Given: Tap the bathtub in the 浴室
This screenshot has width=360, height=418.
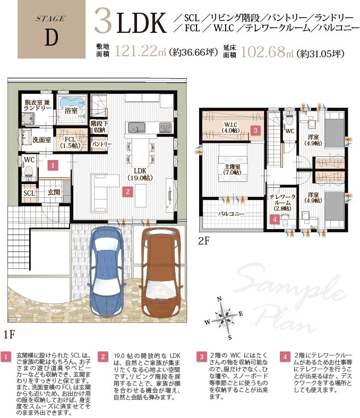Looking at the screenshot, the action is click(72, 102).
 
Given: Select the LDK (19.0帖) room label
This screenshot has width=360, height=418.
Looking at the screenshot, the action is click(140, 174).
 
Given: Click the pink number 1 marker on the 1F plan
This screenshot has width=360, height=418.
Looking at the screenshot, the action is click(53, 165).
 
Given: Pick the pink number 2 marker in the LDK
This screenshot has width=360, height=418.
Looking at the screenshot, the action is click(128, 191).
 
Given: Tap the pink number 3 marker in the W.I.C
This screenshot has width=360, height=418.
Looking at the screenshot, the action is click(255, 130).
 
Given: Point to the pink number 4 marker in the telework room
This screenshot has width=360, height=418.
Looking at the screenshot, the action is click(275, 220).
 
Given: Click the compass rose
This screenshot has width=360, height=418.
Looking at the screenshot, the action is click(226, 318).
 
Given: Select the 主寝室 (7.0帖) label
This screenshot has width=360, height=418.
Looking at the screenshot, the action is click(233, 169).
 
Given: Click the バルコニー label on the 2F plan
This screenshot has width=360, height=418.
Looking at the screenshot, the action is click(231, 214).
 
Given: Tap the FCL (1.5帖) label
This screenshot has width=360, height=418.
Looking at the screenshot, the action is click(70, 142).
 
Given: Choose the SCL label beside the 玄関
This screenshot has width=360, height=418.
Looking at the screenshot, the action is click(29, 193).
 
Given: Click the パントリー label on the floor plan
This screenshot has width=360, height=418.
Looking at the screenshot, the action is click(101, 144).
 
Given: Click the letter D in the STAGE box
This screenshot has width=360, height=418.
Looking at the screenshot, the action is click(51, 38).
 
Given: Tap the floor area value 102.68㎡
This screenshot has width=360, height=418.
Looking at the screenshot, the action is click(267, 51).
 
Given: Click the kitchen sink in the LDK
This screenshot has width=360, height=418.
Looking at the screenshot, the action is click(136, 127).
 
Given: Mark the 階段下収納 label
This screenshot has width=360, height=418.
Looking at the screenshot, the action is click(99, 127).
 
